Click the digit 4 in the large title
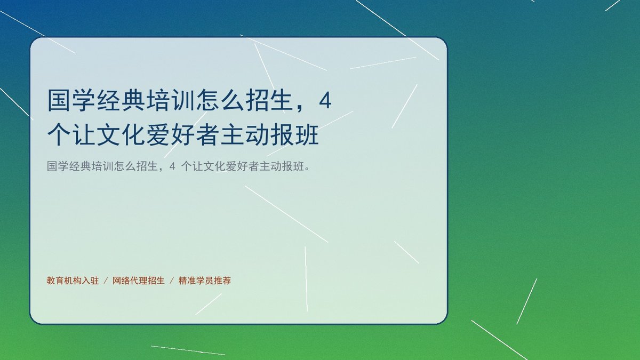[325, 101]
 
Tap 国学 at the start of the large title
[71, 100]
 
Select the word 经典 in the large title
[121, 100]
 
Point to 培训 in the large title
[171, 100]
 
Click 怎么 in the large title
[220, 100]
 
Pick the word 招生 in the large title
[270, 100]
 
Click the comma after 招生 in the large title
[300, 108]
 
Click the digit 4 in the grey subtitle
[172, 166]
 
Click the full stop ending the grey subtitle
[307, 169]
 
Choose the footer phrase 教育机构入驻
[73, 281]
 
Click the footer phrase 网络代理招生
[139, 281]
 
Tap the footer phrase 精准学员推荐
[205, 281]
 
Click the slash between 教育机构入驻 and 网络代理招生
[106, 281]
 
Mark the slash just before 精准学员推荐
[172, 281]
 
